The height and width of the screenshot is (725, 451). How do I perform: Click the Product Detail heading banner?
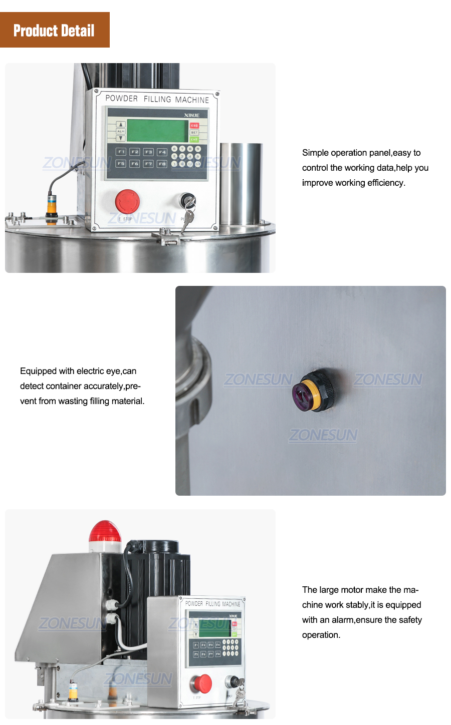54,30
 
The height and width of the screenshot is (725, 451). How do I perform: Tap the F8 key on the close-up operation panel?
162,164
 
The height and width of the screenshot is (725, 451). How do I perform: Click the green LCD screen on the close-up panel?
157,131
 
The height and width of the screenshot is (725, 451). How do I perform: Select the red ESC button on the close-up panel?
194,126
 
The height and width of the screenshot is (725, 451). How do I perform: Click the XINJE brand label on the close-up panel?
191,115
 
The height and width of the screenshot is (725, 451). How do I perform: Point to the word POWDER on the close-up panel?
121,99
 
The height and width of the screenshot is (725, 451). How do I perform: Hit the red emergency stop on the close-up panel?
127,201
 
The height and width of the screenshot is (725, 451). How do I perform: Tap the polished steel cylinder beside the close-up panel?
241,183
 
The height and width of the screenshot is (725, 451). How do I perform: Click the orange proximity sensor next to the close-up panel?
52,205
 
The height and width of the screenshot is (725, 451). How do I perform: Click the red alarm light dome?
105,531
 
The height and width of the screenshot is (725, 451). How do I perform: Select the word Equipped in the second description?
38,371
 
